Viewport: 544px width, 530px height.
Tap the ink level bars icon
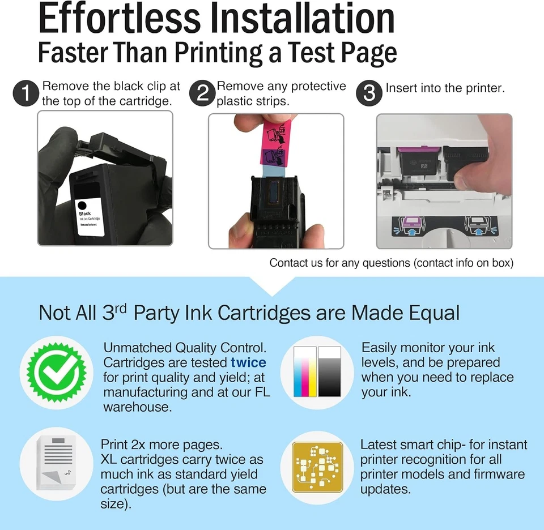(x=317, y=371)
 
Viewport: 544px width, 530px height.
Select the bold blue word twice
(x=248, y=362)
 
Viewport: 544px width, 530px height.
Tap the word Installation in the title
(x=301, y=20)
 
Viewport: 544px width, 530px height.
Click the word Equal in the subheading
(x=432, y=313)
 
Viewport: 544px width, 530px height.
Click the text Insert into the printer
(x=445, y=88)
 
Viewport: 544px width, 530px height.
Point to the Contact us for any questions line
(x=391, y=263)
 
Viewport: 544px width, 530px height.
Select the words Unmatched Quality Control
(x=185, y=348)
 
